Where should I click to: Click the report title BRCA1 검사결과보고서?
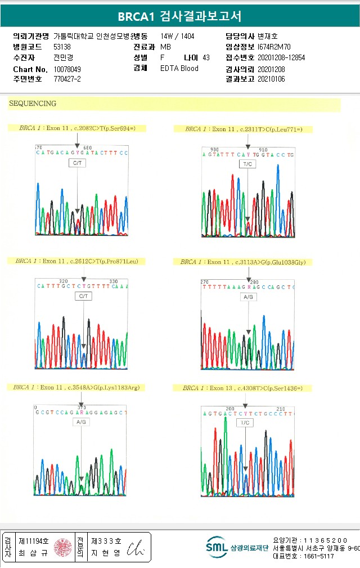pos(180,16)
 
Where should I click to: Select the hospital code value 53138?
pos(62,47)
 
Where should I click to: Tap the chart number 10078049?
pos(67,69)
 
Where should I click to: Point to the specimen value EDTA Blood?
pos(179,68)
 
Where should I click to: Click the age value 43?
pos(206,57)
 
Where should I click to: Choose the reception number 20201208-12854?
pos(281,57)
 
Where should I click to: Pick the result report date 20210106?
pos(271,79)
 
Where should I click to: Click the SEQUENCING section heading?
pos(33,104)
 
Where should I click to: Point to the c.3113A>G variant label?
pos(246,262)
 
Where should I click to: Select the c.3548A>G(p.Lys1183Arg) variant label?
pos(76,387)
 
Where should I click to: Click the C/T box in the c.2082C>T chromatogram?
pos(78,163)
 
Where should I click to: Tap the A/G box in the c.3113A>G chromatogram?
pos(248,297)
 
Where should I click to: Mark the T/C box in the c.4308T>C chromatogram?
pos(245,423)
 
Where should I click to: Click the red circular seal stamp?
pos(63,547)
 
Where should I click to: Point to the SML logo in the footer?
pos(216,547)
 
